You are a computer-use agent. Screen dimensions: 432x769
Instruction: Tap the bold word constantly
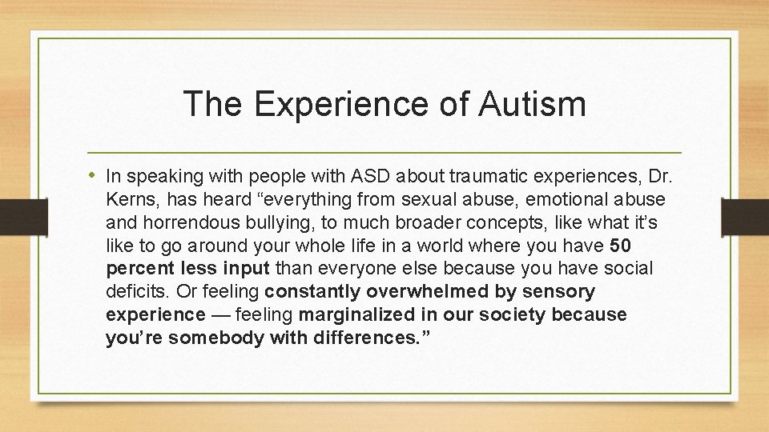(312, 291)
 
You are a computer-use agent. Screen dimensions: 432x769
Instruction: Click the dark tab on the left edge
(14, 216)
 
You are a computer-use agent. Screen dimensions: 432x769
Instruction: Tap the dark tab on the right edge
(745, 216)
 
